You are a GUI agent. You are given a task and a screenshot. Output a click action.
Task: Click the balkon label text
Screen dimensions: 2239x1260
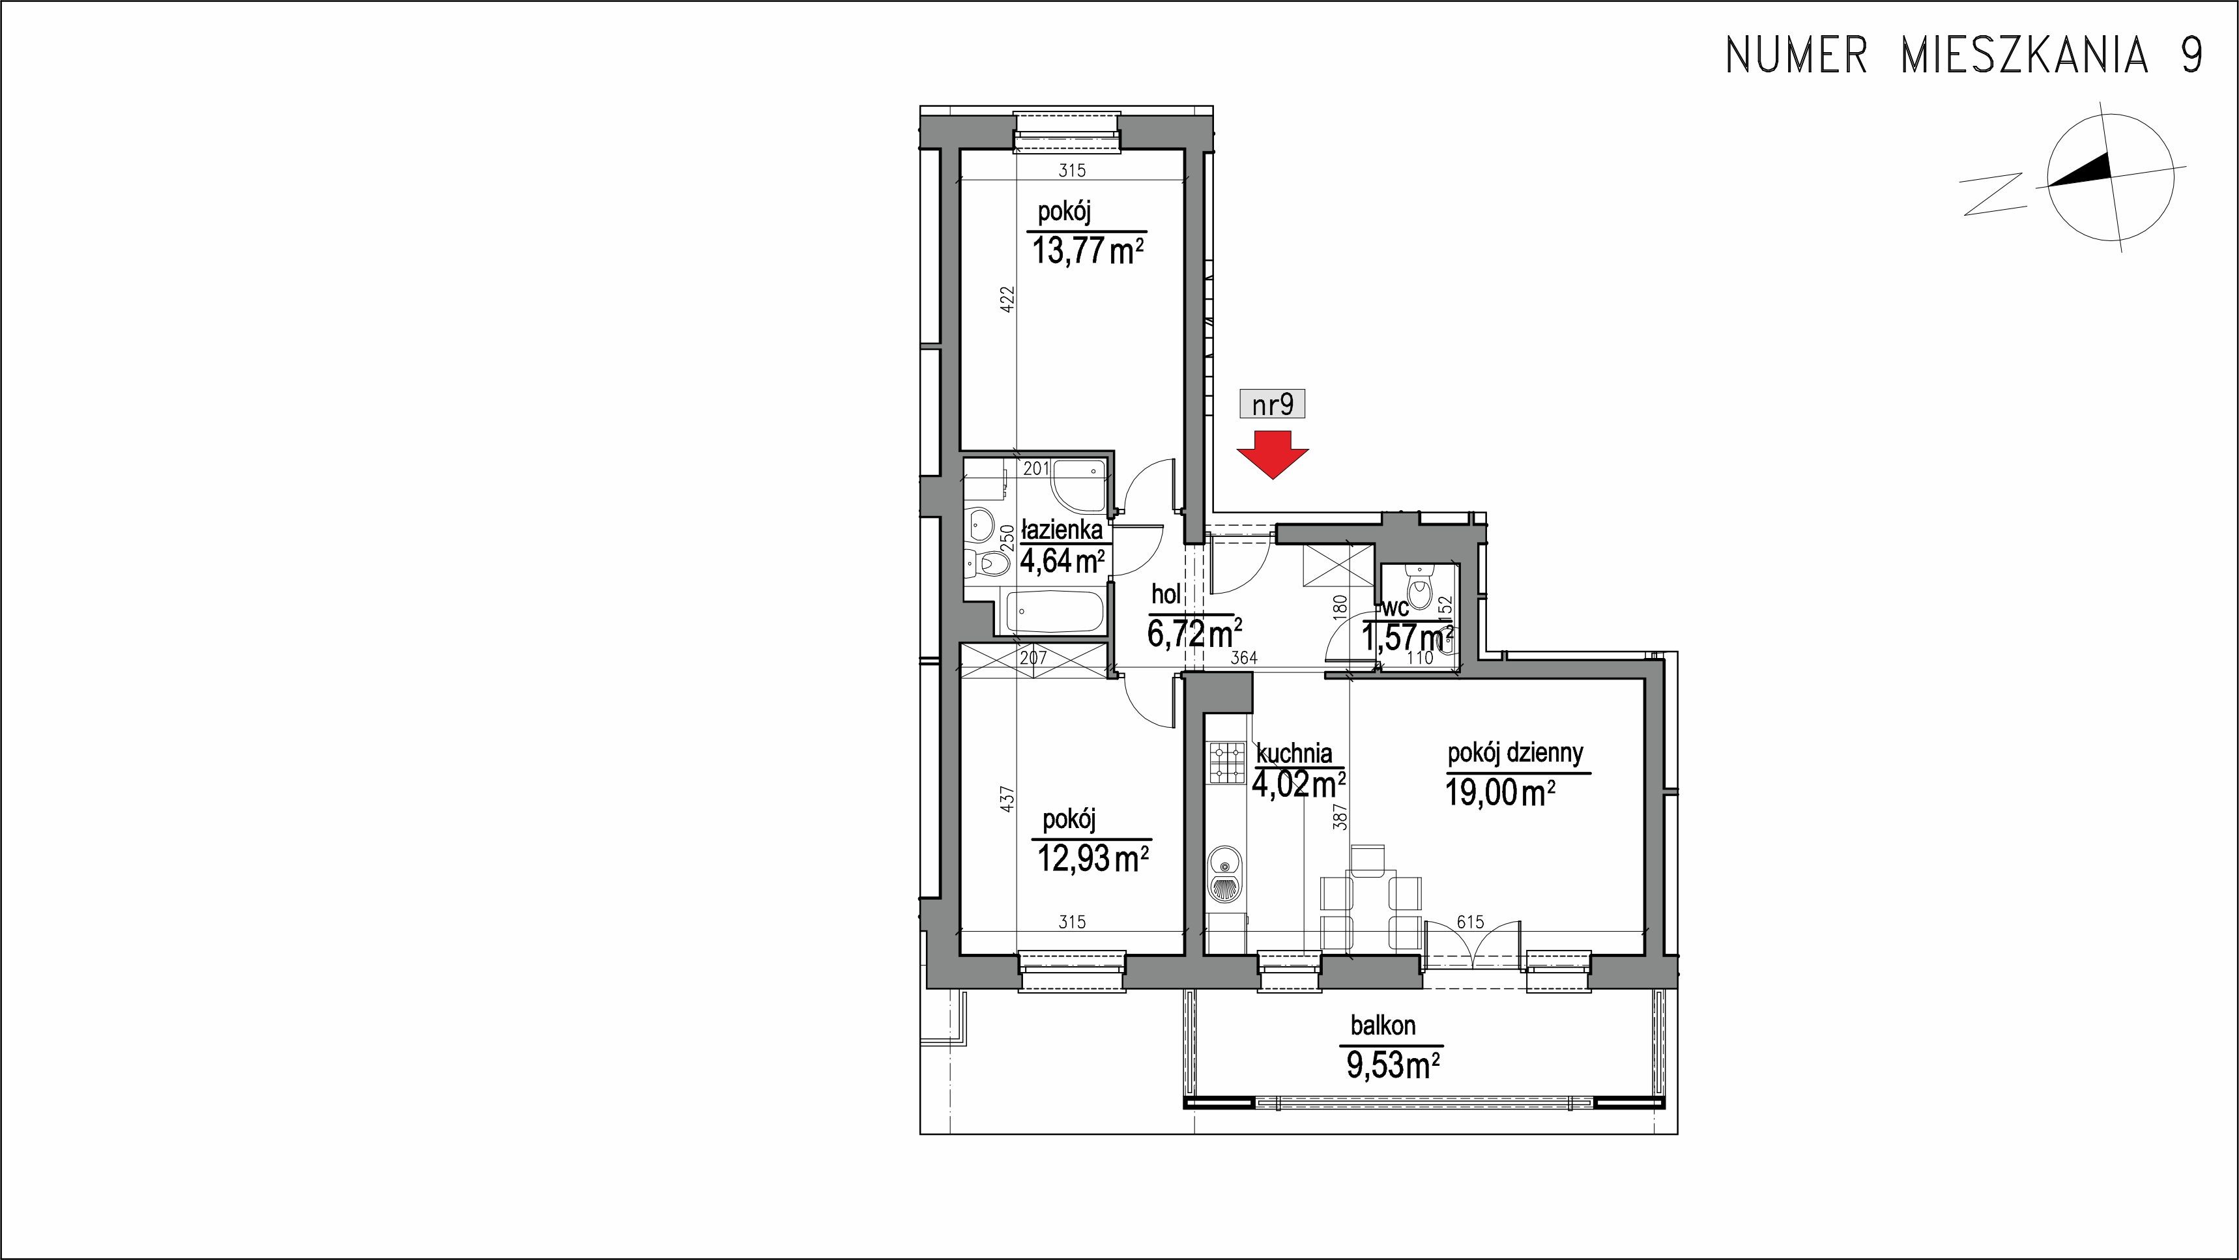(x=1383, y=1026)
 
